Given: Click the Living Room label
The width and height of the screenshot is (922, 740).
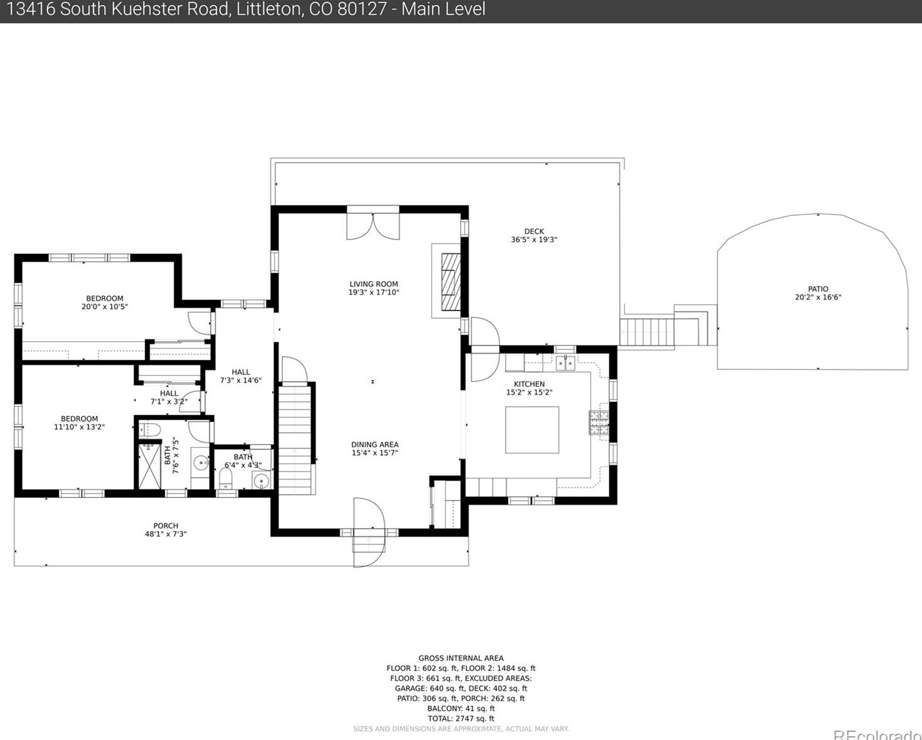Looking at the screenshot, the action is pyautogui.click(x=374, y=284).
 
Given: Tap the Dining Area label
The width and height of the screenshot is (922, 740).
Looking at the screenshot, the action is pyautogui.click(x=375, y=445).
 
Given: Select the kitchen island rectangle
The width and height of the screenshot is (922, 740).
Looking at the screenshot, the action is pyautogui.click(x=532, y=430).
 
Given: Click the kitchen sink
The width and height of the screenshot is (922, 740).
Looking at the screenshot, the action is pyautogui.click(x=566, y=363).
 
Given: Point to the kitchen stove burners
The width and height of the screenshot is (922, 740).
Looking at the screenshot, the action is pyautogui.click(x=599, y=423).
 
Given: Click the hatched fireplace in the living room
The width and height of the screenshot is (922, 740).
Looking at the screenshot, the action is pyautogui.click(x=451, y=282).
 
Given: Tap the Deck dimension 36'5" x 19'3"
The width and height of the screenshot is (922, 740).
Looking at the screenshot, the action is pyautogui.click(x=534, y=240).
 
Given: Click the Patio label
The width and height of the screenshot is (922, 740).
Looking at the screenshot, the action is pyautogui.click(x=818, y=289).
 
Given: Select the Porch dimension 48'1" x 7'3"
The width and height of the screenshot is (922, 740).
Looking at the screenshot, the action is pyautogui.click(x=166, y=534).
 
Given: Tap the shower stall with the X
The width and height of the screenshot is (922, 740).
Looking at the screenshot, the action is pyautogui.click(x=149, y=466).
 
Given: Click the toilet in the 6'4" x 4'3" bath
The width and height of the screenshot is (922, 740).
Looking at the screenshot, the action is pyautogui.click(x=225, y=478).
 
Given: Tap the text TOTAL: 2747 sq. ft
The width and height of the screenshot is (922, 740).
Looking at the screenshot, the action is pyautogui.click(x=460, y=719).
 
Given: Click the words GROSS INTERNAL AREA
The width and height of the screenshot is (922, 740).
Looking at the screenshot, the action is pyautogui.click(x=461, y=658).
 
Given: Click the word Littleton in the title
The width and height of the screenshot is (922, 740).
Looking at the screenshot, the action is pyautogui.click(x=268, y=9).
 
